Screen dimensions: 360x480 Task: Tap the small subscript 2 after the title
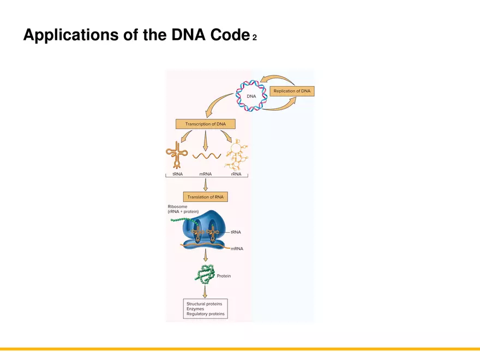pyautogui.click(x=254, y=38)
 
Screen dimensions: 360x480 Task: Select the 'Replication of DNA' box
pyautogui.click(x=294, y=91)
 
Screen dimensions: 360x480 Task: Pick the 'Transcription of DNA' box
pyautogui.click(x=205, y=124)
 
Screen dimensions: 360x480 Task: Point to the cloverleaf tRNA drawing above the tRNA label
pyautogui.click(x=177, y=155)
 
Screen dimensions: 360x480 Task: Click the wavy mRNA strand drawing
pyautogui.click(x=206, y=155)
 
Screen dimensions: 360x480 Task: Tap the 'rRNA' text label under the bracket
pyautogui.click(x=236, y=173)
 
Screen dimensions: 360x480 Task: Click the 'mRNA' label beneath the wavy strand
pyautogui.click(x=206, y=173)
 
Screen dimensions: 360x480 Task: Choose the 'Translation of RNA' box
pyautogui.click(x=205, y=197)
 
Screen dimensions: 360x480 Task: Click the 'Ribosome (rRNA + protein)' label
pyautogui.click(x=183, y=209)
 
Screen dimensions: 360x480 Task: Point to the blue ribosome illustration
pyautogui.click(x=203, y=229)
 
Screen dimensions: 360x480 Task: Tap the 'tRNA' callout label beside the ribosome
pyautogui.click(x=236, y=232)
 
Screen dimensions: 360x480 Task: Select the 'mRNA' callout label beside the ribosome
pyautogui.click(x=237, y=248)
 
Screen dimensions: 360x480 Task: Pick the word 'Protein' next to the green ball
pyautogui.click(x=224, y=276)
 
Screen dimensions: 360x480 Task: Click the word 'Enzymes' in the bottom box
pyautogui.click(x=195, y=309)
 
